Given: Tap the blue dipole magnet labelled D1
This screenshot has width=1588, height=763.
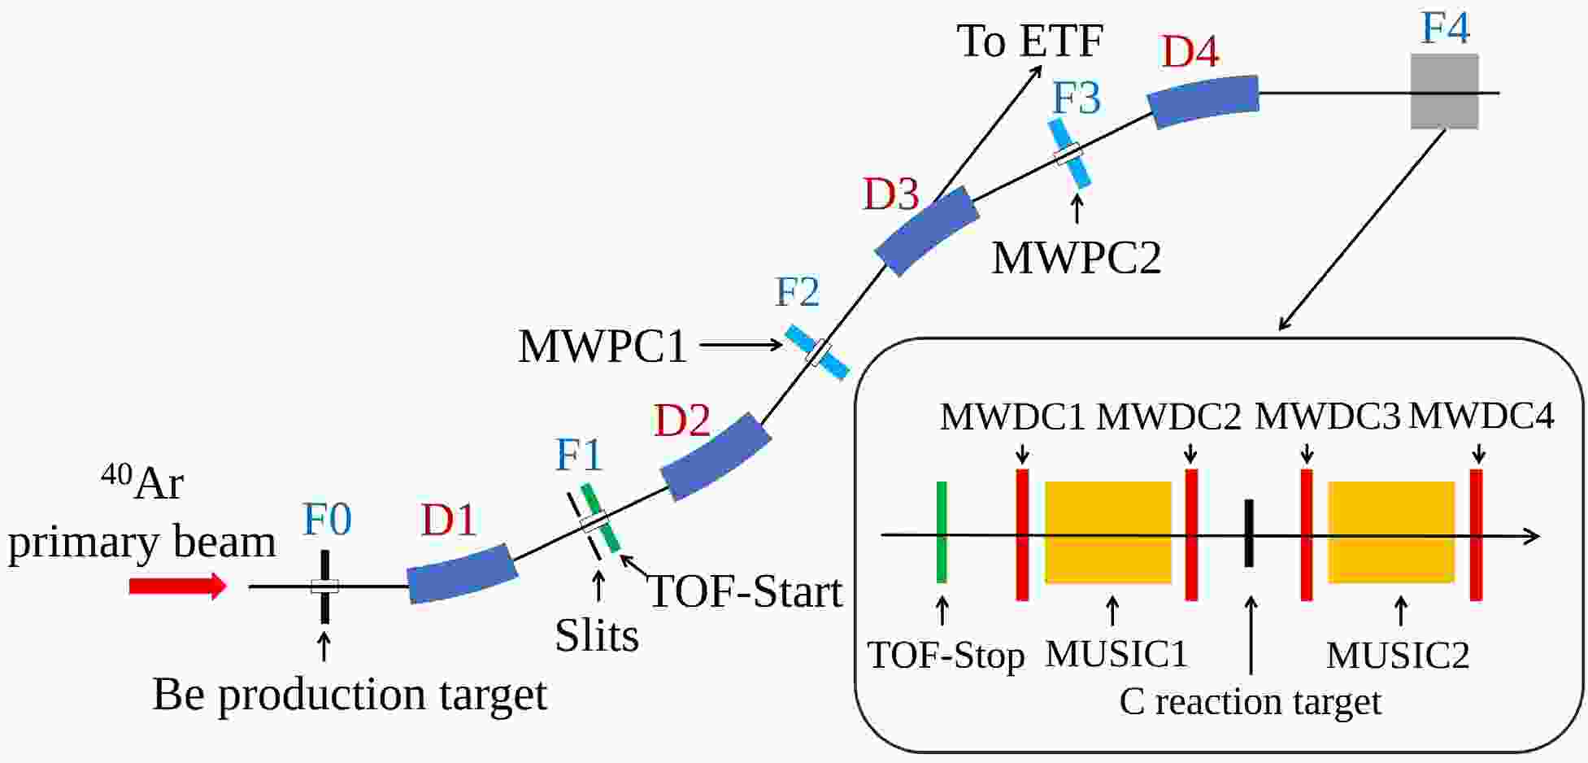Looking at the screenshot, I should (x=462, y=573).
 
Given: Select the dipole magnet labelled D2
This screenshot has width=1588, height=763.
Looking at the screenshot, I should (x=715, y=456).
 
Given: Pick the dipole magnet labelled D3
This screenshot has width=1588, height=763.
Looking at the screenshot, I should (x=926, y=231).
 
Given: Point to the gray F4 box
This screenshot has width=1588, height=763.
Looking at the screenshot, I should (x=1444, y=92).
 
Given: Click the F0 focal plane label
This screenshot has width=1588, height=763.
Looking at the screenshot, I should (x=327, y=519).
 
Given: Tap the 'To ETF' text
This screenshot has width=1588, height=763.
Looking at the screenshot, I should (x=1029, y=41).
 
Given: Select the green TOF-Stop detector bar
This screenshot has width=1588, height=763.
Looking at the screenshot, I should (x=942, y=532).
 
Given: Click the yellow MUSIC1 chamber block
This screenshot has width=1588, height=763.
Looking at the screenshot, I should (x=1107, y=533).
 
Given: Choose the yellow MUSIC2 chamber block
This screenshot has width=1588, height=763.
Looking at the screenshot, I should (x=1390, y=533).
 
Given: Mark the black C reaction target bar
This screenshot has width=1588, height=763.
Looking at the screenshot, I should (x=1249, y=533).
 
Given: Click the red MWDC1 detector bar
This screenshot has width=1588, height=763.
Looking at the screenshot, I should (x=1022, y=534).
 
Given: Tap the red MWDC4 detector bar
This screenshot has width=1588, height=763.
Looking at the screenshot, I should (x=1476, y=534).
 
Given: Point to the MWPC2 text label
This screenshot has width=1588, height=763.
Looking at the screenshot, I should (x=1076, y=258).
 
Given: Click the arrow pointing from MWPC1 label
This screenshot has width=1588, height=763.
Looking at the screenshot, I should (x=740, y=345).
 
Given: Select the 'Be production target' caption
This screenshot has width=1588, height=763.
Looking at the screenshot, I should (x=350, y=695).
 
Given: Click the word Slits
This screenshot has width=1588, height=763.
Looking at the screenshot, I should (x=597, y=635).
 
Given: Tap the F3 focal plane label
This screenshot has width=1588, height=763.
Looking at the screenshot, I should (x=1076, y=98).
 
